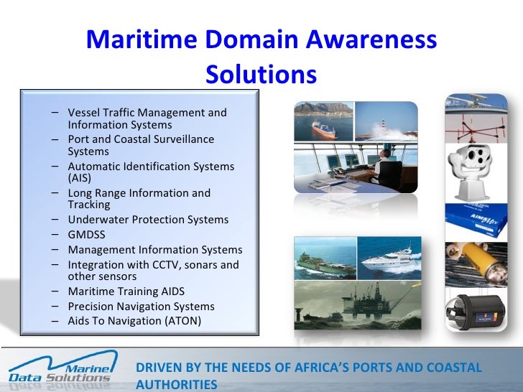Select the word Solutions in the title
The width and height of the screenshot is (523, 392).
[261, 74]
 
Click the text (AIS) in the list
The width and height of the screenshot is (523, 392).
[80, 178]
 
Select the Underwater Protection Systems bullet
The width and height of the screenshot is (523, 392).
[148, 220]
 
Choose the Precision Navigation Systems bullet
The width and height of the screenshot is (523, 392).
[141, 307]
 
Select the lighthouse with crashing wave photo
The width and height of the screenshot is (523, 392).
[386, 121]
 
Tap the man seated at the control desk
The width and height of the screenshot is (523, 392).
[388, 169]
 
